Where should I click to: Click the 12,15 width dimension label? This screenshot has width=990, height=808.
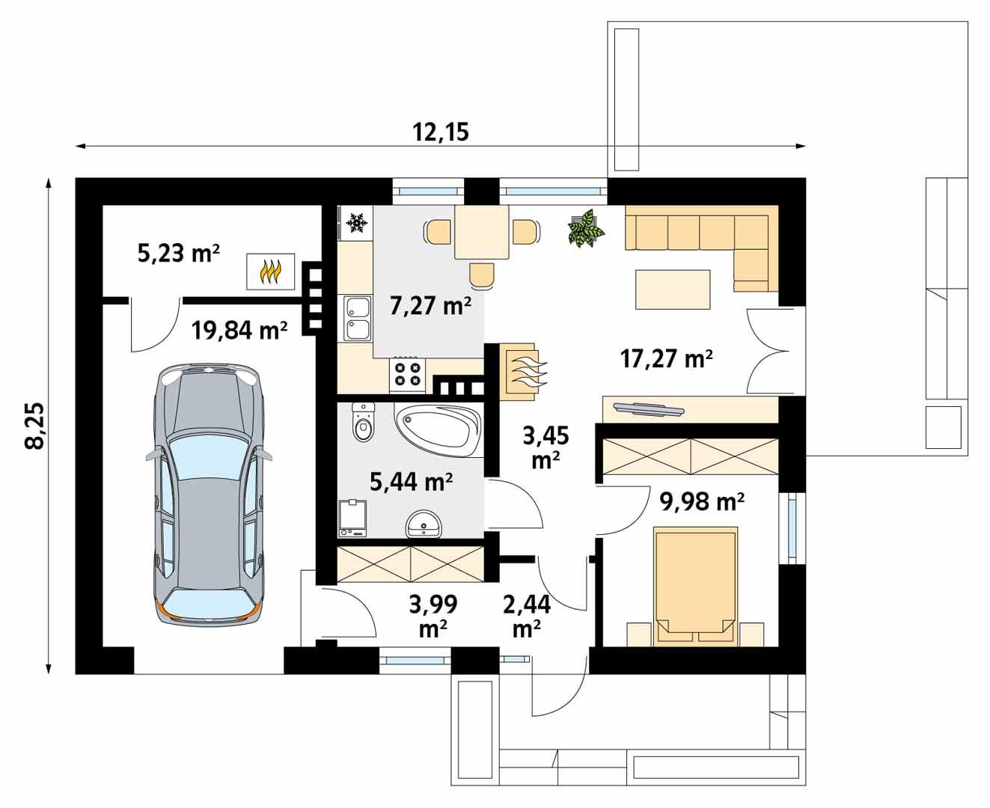point(440,132)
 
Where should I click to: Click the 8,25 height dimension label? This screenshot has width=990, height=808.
point(34,426)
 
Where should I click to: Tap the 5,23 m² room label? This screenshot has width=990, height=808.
point(178,254)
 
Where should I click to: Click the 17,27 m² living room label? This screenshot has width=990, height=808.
point(666,359)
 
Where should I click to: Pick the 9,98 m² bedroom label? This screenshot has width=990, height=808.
point(701,502)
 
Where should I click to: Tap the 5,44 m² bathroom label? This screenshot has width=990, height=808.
point(411,483)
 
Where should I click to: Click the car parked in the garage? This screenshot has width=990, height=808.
point(210,494)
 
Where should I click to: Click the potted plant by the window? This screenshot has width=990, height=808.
point(585,228)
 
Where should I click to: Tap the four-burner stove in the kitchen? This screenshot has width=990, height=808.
point(408,374)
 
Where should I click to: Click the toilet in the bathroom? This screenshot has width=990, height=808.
point(363,423)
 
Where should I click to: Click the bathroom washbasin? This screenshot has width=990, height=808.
point(424,525)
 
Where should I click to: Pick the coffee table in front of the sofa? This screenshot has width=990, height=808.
point(673,290)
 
